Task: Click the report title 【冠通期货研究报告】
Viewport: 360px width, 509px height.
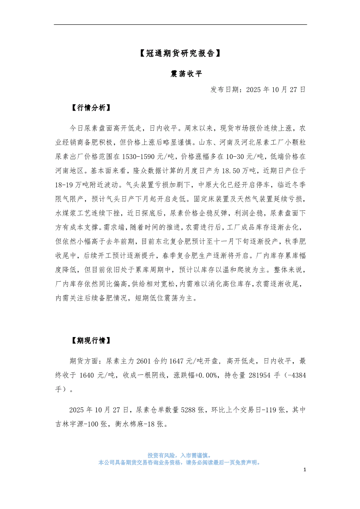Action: pyautogui.click(x=180, y=54)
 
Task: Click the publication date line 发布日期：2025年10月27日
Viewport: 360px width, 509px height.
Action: pyautogui.click(x=258, y=90)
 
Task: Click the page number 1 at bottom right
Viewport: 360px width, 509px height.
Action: pyautogui.click(x=305, y=470)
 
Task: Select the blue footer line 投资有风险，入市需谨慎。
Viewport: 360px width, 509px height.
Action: pyautogui.click(x=180, y=455)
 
